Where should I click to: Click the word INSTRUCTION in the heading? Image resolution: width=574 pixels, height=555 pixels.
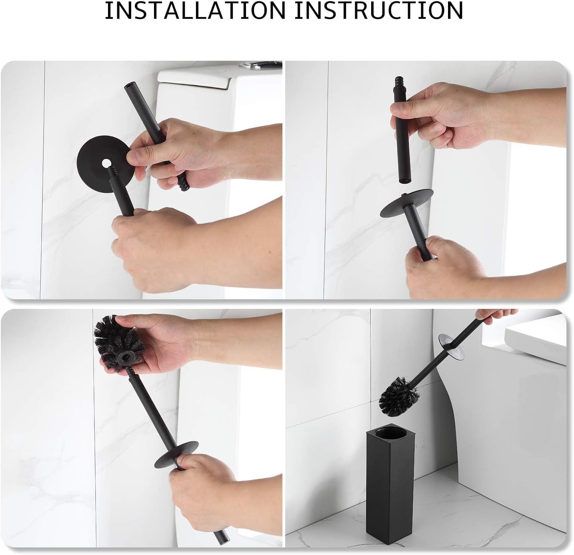point(379,11)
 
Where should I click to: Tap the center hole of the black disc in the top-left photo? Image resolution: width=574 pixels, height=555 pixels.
point(106,163)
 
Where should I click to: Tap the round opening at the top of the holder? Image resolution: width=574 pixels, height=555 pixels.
point(390,436)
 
